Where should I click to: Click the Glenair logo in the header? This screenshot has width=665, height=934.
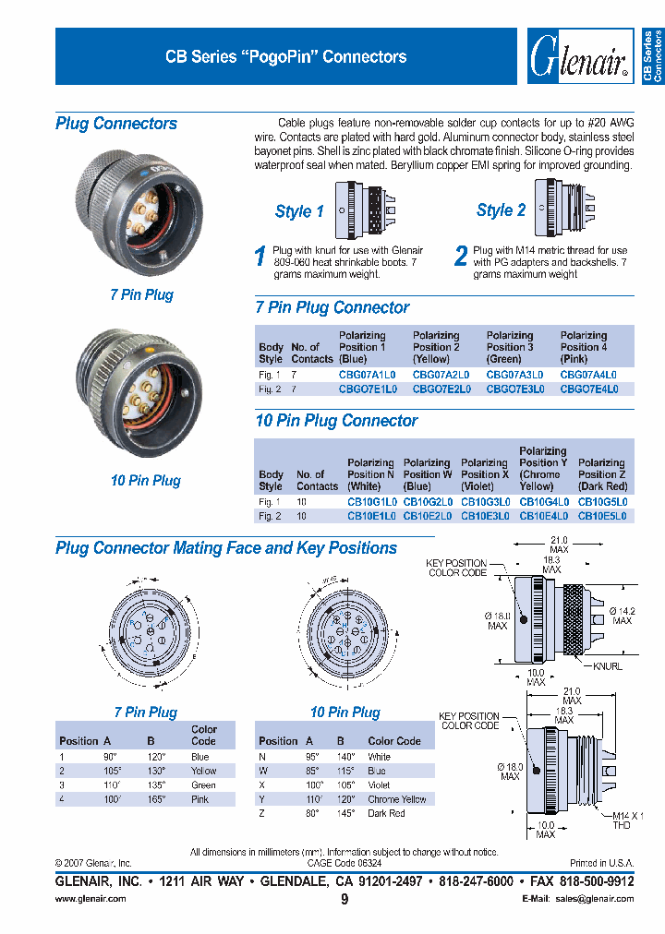(x=579, y=56)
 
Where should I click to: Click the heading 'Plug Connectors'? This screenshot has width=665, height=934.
(x=116, y=124)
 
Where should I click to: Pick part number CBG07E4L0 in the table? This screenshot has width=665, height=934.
(x=589, y=389)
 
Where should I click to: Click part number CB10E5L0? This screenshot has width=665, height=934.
(x=602, y=516)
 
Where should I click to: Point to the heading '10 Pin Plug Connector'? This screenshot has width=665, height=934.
(x=336, y=421)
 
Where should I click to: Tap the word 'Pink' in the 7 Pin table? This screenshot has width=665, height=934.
(x=199, y=800)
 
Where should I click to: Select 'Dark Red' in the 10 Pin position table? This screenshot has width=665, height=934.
(x=386, y=813)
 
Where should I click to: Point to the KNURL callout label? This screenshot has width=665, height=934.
(x=607, y=665)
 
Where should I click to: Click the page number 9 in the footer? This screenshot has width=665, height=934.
(x=345, y=899)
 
